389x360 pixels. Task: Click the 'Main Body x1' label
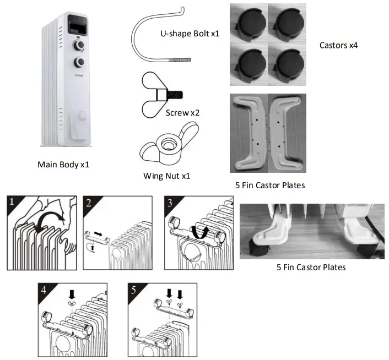click(x=63, y=164)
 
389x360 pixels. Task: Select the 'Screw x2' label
click(x=182, y=113)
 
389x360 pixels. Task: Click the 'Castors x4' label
click(x=338, y=45)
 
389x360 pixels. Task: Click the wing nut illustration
click(x=163, y=149)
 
